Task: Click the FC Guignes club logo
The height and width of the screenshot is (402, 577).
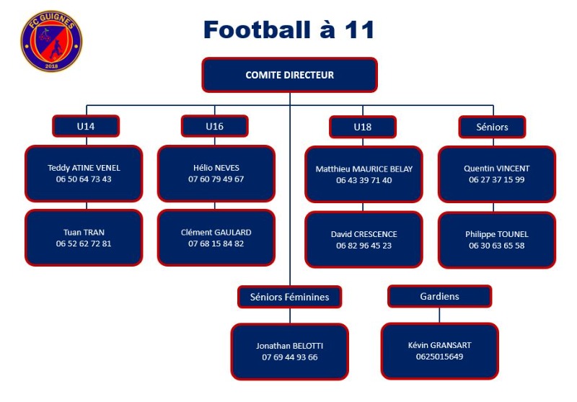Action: (x=51, y=41)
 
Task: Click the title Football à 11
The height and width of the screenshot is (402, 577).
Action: (x=289, y=30)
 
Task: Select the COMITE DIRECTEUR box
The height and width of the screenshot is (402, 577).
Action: (x=290, y=75)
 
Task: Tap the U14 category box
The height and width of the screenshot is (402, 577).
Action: (x=86, y=126)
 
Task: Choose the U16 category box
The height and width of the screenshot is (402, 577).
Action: (x=214, y=126)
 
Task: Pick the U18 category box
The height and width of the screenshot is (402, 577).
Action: (x=363, y=127)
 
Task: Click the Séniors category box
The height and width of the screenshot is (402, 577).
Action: (x=492, y=127)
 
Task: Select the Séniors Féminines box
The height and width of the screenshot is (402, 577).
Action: (x=290, y=297)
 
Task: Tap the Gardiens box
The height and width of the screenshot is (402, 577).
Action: (x=440, y=296)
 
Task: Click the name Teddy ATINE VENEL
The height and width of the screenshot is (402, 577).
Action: (x=84, y=168)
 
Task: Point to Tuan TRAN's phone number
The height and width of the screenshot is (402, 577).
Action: (x=84, y=244)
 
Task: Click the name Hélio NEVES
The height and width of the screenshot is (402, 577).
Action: (x=216, y=168)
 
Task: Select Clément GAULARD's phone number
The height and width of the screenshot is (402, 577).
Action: (x=216, y=244)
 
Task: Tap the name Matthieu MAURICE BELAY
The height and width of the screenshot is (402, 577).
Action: (x=364, y=169)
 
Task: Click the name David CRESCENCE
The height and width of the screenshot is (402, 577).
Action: (x=364, y=234)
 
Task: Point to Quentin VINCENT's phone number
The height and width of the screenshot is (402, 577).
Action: (x=497, y=179)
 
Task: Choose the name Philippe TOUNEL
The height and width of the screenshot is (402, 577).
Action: (x=497, y=234)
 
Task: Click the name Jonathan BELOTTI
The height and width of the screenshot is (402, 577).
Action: (x=290, y=346)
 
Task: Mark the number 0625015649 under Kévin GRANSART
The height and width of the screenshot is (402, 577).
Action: (x=440, y=357)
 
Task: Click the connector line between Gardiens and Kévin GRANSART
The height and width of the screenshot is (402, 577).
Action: (x=440, y=316)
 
